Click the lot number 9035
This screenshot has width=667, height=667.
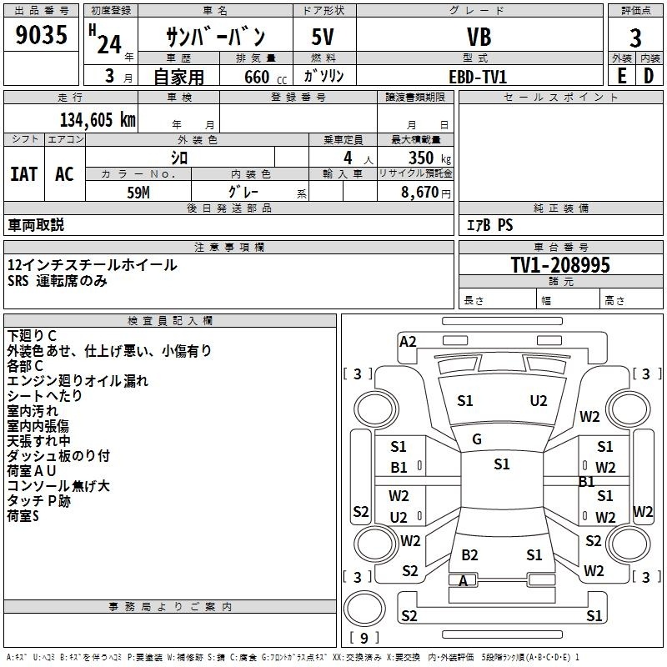41,37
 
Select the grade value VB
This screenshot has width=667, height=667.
479,38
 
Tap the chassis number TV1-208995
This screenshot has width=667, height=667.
560,265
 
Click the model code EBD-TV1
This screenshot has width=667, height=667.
478,76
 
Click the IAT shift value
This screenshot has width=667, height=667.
24,174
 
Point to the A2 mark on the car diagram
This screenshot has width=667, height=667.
408,341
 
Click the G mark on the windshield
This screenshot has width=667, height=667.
477,439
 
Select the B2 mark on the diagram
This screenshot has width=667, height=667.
469,554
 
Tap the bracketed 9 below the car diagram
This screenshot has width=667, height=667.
364,639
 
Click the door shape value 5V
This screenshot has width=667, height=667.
324,38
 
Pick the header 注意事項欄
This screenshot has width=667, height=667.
228,247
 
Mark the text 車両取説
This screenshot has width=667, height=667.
36,225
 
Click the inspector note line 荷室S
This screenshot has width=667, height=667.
23,516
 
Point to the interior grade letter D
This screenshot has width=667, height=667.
649,76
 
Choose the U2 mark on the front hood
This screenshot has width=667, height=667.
539,401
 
